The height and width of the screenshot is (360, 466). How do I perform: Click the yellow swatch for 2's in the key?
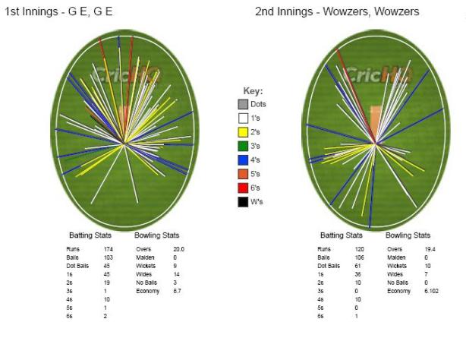pos(243,131)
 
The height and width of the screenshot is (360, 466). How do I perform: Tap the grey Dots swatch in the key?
pos(243,104)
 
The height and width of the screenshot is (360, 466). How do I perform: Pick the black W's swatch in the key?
pos(243,201)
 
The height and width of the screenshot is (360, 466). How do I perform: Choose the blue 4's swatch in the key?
pos(243,159)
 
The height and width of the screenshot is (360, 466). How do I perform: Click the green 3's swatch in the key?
pos(243,146)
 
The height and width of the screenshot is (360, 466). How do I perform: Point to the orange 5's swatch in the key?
pos(243,173)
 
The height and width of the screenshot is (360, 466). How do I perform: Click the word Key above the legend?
pos(251,91)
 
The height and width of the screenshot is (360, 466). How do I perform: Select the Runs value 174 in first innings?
pos(108,248)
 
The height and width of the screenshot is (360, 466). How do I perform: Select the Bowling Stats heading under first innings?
pos(156,235)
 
